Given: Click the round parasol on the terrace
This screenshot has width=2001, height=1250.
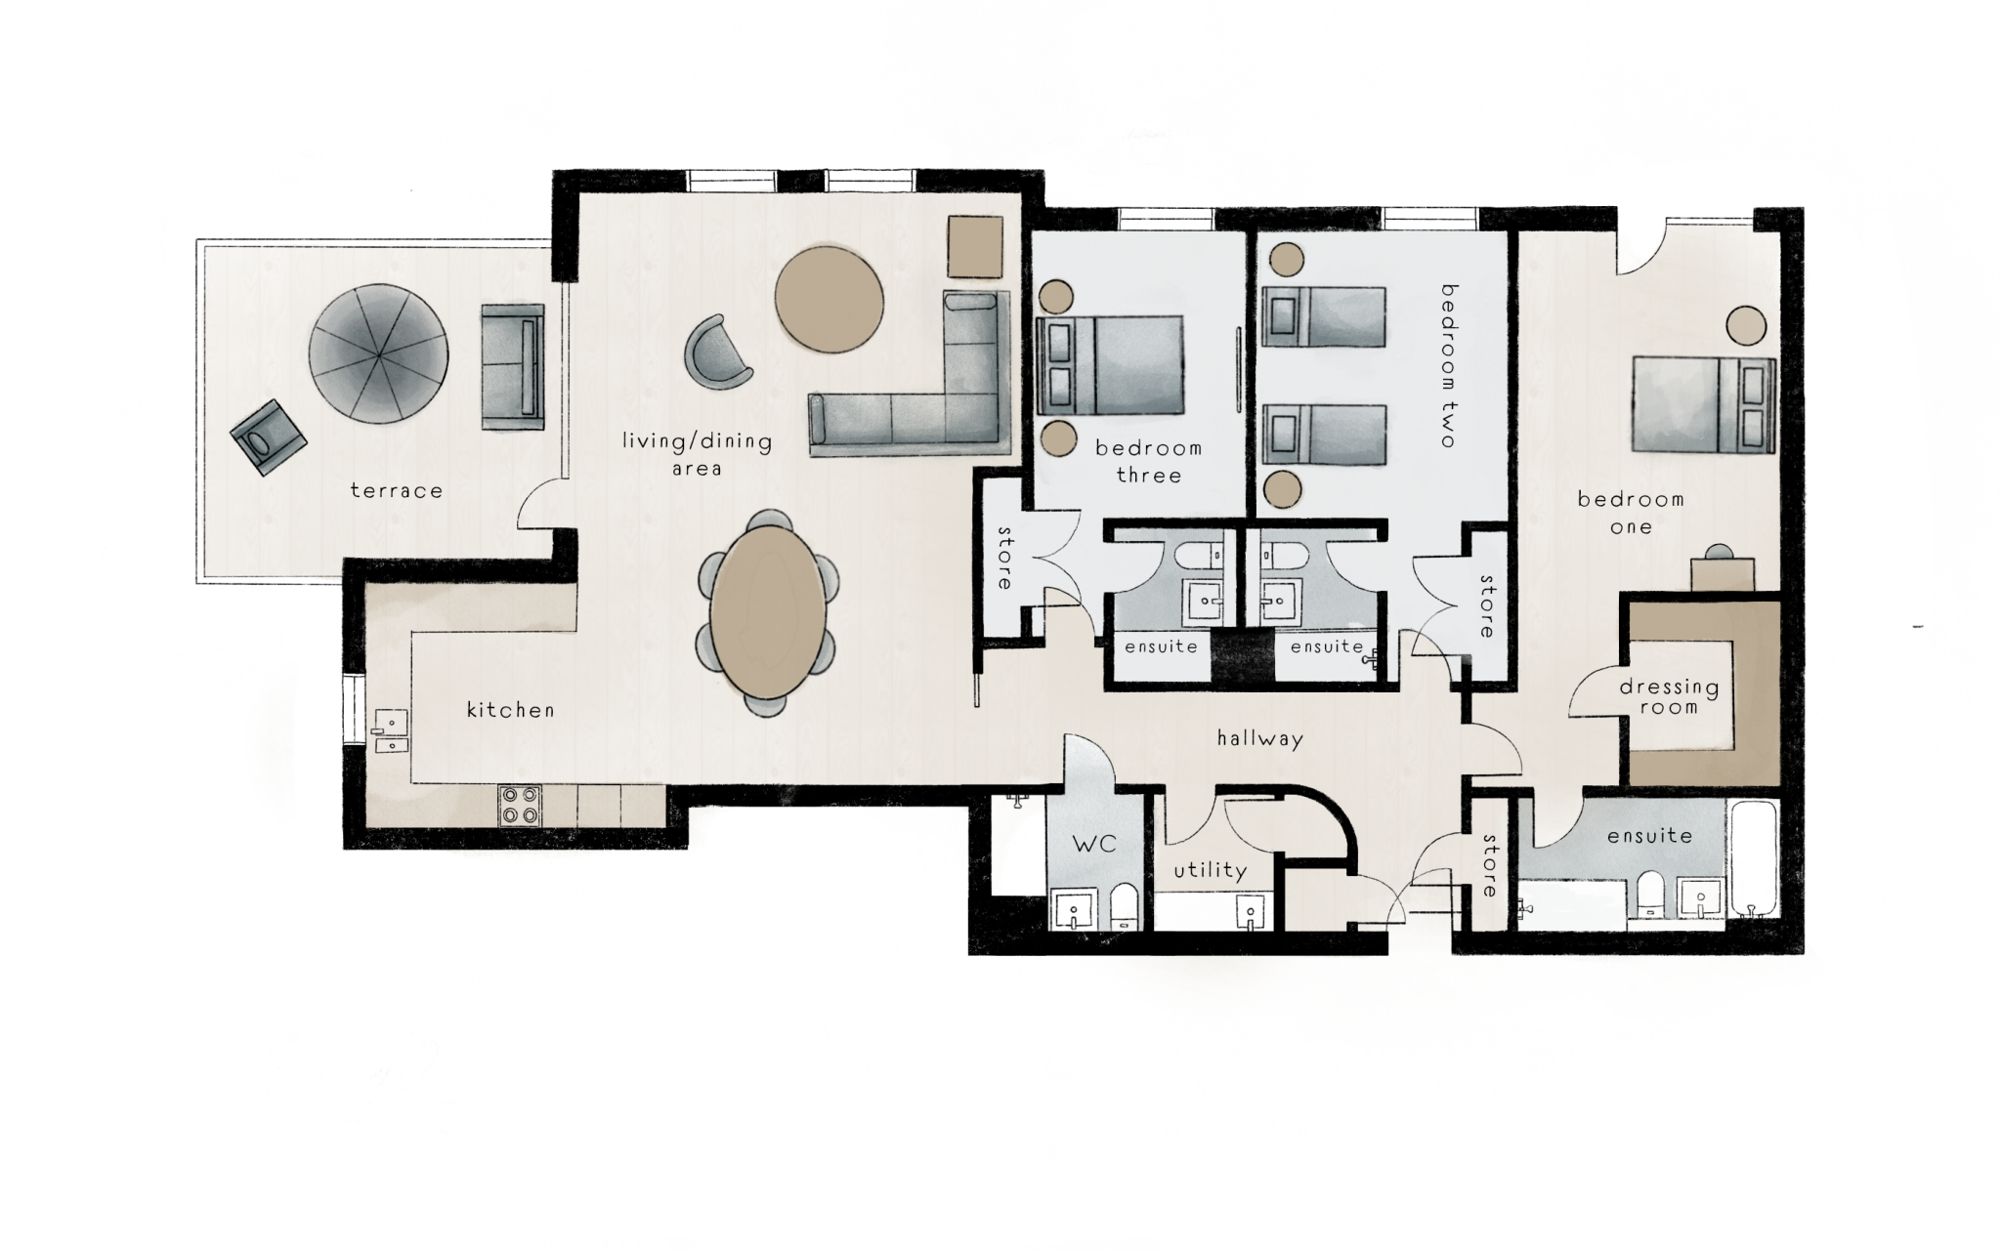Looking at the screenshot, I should pyautogui.click(x=378, y=354).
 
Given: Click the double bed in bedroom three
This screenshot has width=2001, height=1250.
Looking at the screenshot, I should pyautogui.click(x=1111, y=364).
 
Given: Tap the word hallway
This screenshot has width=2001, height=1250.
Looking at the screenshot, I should pyautogui.click(x=1259, y=738).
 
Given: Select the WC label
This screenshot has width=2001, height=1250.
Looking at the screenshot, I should pyautogui.click(x=1094, y=844).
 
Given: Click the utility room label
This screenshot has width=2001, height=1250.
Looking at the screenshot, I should pyautogui.click(x=1210, y=870).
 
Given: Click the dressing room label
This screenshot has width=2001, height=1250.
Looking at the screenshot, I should pyautogui.click(x=1669, y=696).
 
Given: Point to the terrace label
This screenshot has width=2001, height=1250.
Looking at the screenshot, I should pyautogui.click(x=396, y=490).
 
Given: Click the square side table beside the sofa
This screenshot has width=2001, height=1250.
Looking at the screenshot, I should pyautogui.click(x=975, y=246).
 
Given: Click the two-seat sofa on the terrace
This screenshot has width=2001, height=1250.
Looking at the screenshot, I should pyautogui.click(x=512, y=366).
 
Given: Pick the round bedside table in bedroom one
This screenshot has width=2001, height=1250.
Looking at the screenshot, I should pyautogui.click(x=1745, y=325).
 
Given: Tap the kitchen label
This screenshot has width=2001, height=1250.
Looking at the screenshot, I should pyautogui.click(x=510, y=710).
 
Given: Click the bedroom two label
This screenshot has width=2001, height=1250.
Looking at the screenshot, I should pyautogui.click(x=1448, y=365).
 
